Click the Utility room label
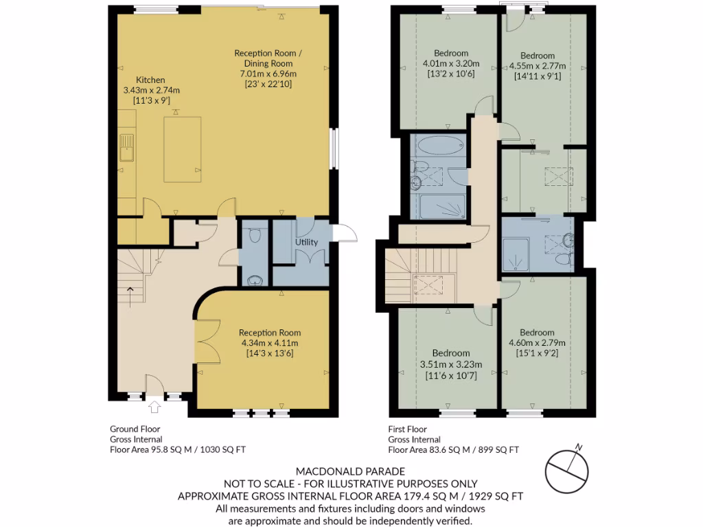coord(306,242)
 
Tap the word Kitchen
coord(150,80)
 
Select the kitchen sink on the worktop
coord(126,148)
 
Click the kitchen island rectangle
coord(182,149)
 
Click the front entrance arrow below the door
coord(154,408)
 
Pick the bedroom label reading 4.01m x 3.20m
coord(451,63)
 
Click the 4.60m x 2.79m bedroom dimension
coord(537,343)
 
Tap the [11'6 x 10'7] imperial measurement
coord(451,375)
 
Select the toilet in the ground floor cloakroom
coord(255,236)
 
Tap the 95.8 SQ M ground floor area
coord(181,450)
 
